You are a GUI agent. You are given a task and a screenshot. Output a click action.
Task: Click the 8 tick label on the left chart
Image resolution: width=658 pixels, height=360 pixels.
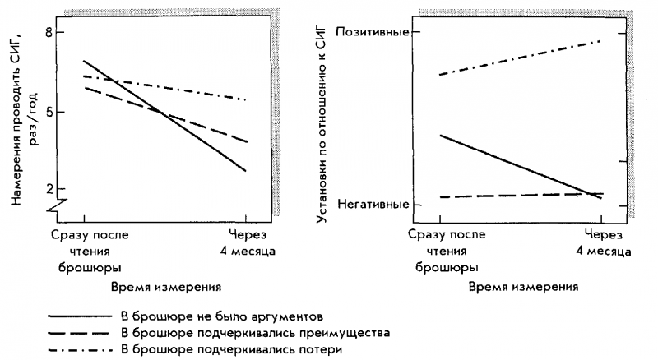pos(37,32)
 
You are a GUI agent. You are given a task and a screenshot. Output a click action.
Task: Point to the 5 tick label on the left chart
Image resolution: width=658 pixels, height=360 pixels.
pos(37,110)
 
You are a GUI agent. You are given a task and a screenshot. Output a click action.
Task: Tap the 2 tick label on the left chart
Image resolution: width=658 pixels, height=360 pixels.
pos(37,188)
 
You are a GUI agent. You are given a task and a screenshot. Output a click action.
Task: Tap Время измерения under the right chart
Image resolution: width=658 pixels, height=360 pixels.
pos(524,287)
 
